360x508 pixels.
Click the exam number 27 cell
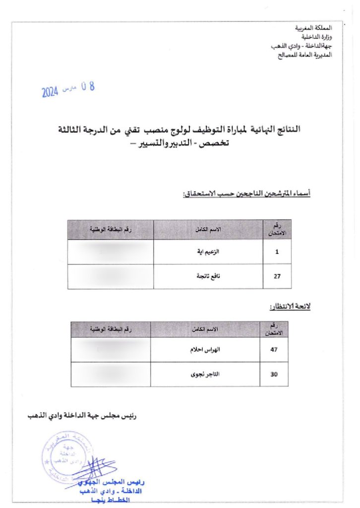(x=277, y=277)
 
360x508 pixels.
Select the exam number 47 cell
(x=273, y=350)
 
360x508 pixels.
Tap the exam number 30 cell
(x=273, y=375)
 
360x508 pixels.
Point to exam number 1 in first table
(x=277, y=252)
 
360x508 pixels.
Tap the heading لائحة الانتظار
(x=290, y=307)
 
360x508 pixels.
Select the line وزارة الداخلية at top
(x=317, y=37)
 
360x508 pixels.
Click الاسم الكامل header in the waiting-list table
(x=205, y=329)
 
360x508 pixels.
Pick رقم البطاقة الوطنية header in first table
(x=110, y=229)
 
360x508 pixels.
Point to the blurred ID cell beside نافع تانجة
(x=110, y=277)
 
